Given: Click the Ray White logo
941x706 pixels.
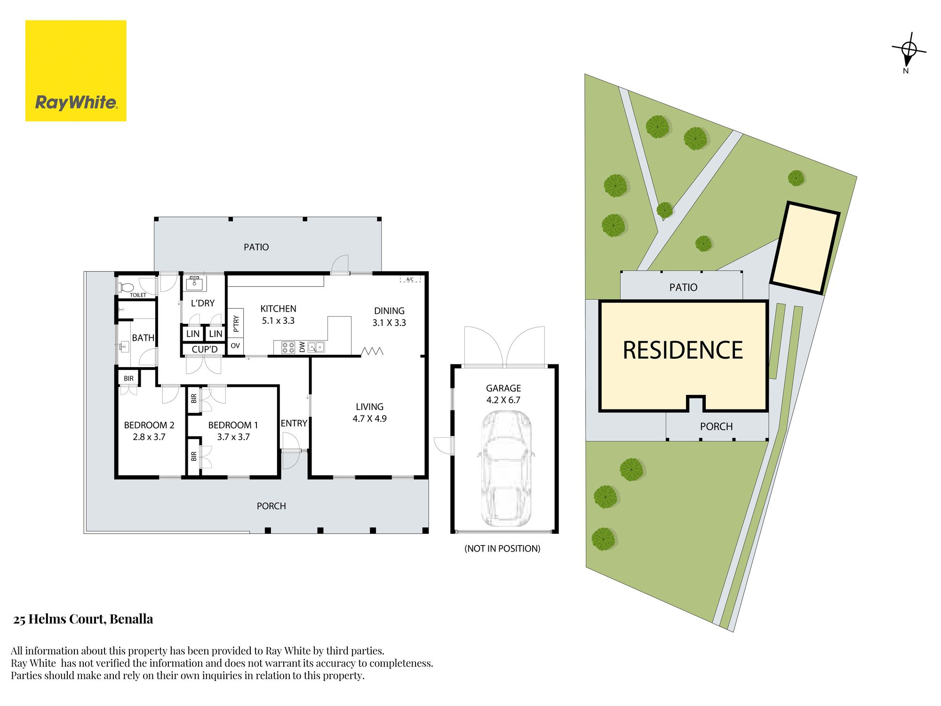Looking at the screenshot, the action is pyautogui.click(x=76, y=71).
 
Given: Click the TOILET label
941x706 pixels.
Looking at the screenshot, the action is pyautogui.click(x=138, y=295).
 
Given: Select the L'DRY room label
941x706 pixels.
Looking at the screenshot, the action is pyautogui.click(x=203, y=304).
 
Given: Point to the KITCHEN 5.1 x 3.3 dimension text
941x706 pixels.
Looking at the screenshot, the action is pyautogui.click(x=278, y=321).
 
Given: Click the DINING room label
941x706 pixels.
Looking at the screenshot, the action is pyautogui.click(x=389, y=311).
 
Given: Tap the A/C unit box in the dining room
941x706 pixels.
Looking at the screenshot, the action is pyautogui.click(x=410, y=279).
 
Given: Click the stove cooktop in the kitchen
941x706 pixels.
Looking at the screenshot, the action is pyautogui.click(x=288, y=347).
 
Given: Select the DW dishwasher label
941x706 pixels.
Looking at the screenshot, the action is pyautogui.click(x=302, y=347).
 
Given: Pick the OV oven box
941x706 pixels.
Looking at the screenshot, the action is pyautogui.click(x=235, y=346).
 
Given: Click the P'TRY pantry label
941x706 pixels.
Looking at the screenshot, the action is pyautogui.click(x=236, y=323).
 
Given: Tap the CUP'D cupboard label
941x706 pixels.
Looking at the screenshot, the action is pyautogui.click(x=205, y=349).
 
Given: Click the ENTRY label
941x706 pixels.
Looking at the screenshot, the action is pyautogui.click(x=294, y=423).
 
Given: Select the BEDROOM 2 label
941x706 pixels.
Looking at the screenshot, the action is pyautogui.click(x=149, y=425).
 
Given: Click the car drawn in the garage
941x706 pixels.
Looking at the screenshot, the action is pyautogui.click(x=506, y=468).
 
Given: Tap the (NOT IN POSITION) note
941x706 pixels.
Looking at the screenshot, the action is pyautogui.click(x=502, y=548).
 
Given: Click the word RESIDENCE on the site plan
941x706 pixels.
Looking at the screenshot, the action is pyautogui.click(x=683, y=350).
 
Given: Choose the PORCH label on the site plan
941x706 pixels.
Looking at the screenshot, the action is pyautogui.click(x=716, y=426).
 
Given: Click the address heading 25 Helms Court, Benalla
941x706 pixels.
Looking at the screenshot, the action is pyautogui.click(x=83, y=619).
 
